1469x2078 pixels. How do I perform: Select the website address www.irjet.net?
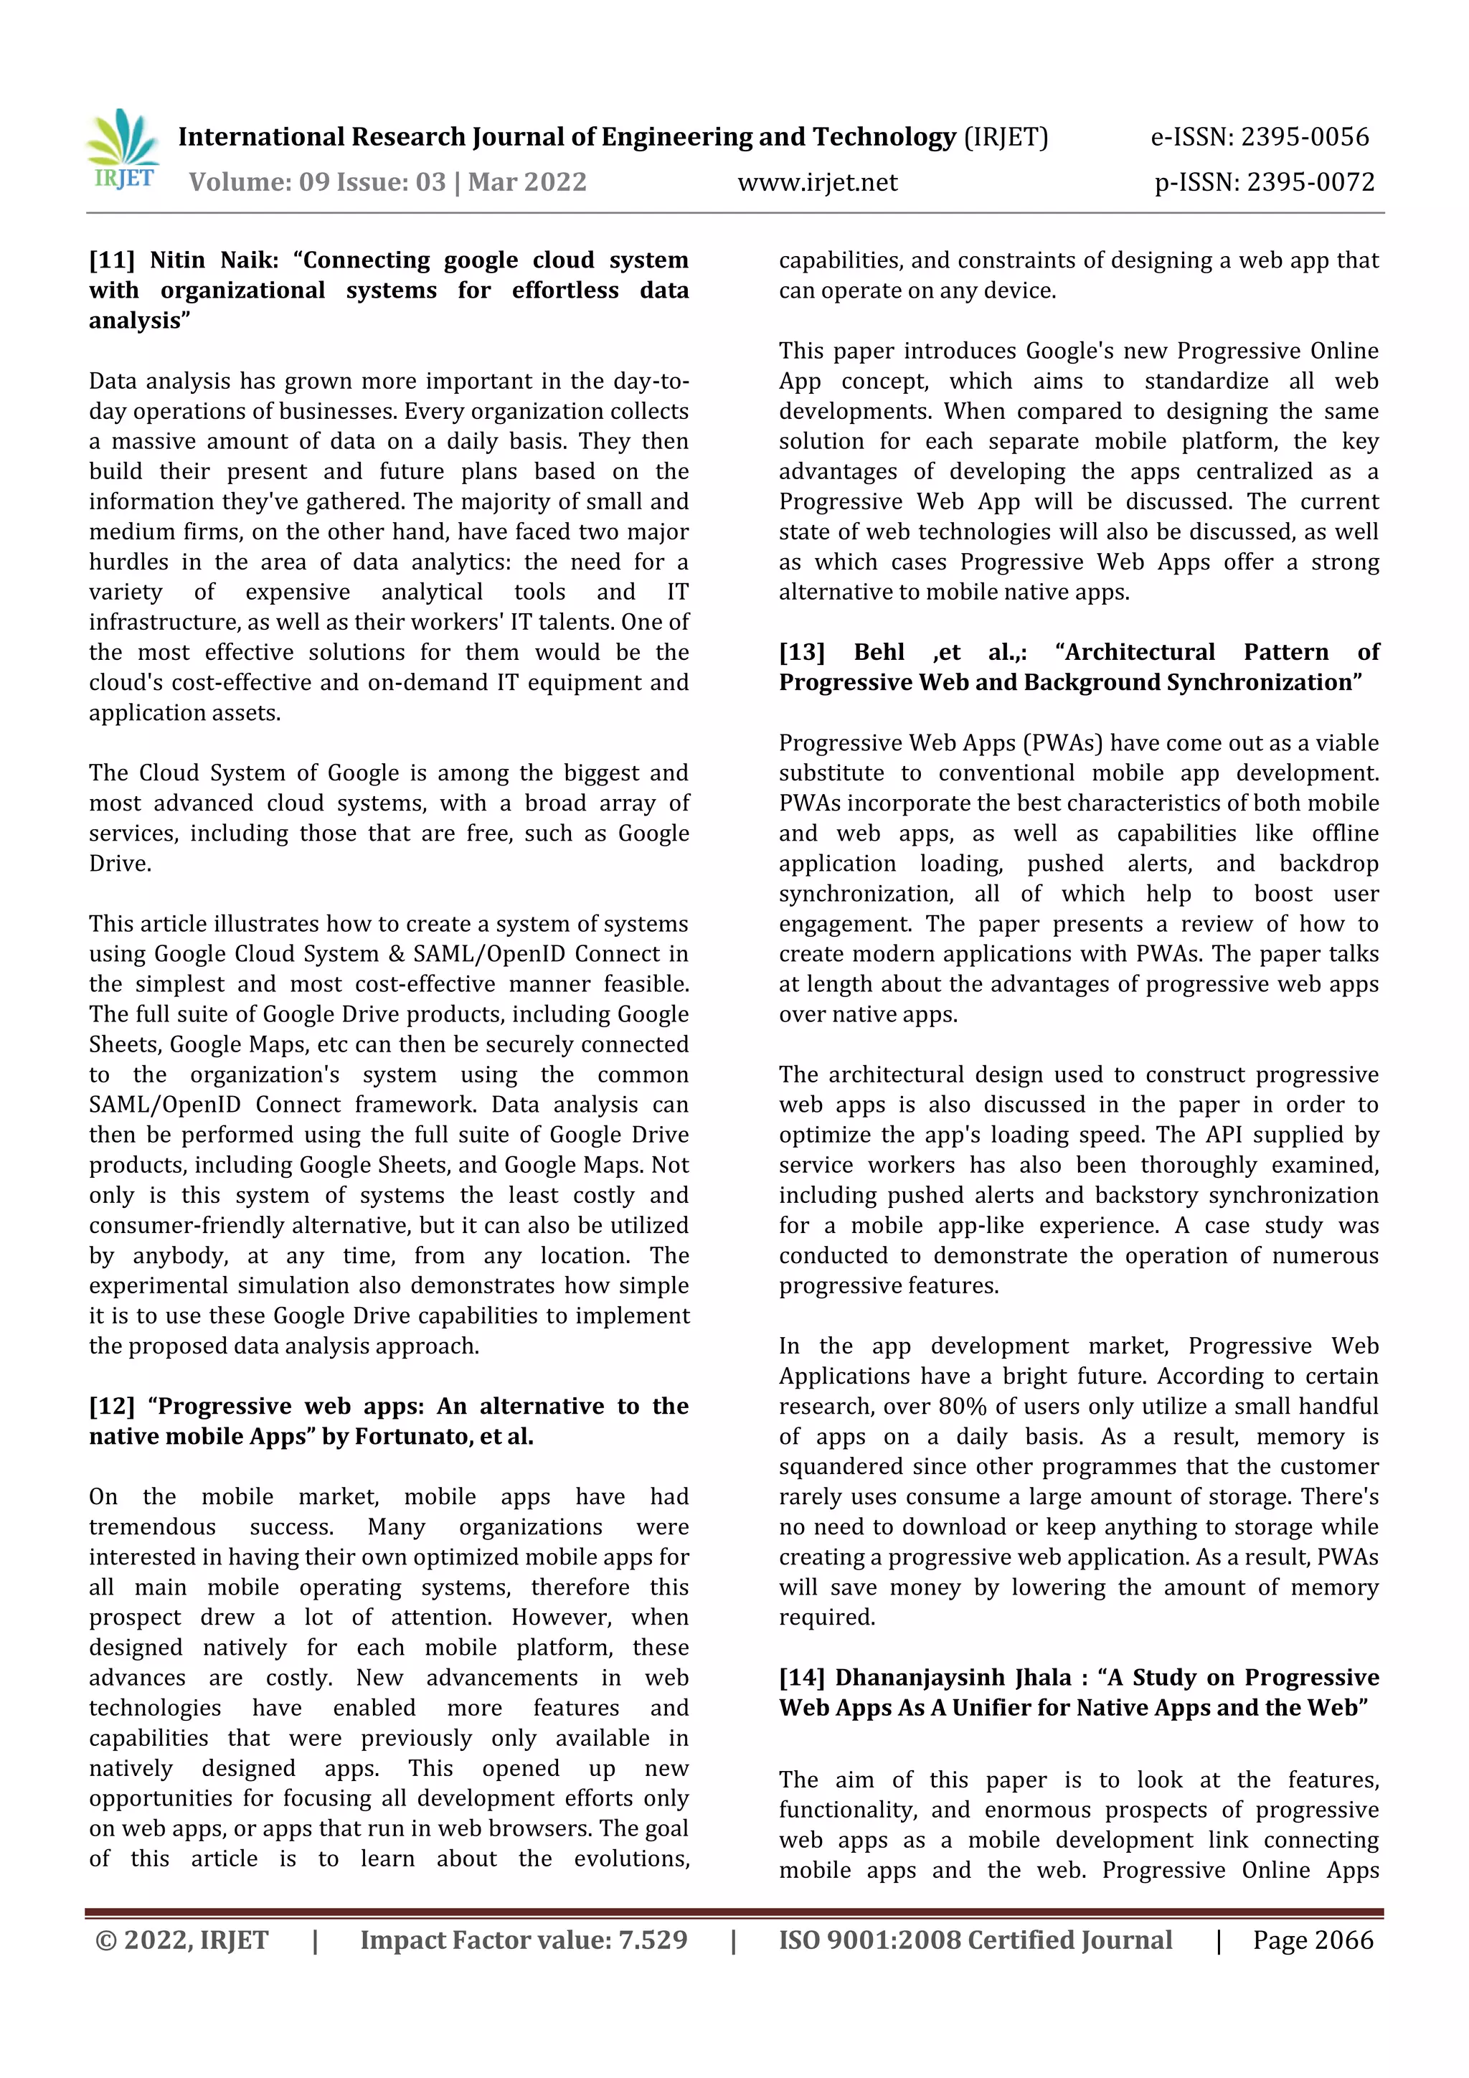pyautogui.click(x=817, y=183)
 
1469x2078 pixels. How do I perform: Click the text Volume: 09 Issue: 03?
pyautogui.click(x=317, y=182)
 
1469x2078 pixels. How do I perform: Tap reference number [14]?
pyautogui.click(x=802, y=1677)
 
